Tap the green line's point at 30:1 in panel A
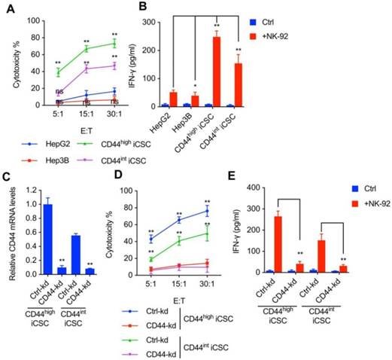point(114,43)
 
